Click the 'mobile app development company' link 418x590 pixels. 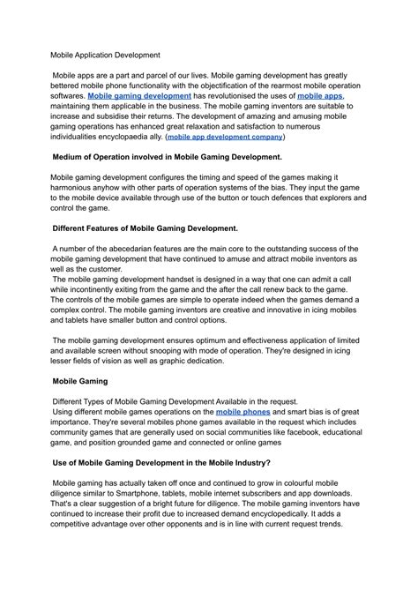pos(226,138)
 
